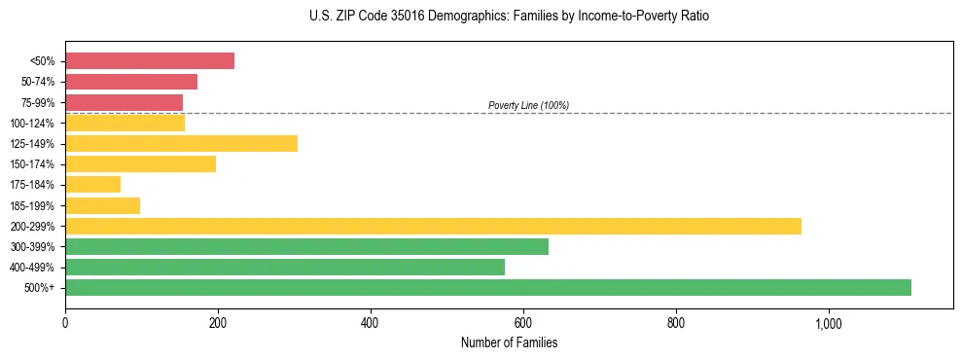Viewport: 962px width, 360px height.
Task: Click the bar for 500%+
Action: click(488, 287)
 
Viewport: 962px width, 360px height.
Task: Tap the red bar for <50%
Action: click(150, 60)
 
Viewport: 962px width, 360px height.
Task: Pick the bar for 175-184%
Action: click(92, 184)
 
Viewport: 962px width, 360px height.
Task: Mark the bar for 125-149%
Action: click(181, 143)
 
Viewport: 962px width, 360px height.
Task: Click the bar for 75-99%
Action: click(124, 102)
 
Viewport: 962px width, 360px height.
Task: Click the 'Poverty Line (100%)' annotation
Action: click(528, 105)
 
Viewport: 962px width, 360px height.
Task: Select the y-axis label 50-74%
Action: click(38, 82)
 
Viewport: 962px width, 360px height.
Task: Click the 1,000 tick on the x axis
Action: click(829, 323)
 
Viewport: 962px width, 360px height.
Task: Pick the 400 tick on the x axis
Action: click(371, 323)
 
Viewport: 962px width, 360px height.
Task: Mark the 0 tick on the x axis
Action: click(65, 323)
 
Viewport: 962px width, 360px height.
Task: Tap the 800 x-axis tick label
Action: click(676, 323)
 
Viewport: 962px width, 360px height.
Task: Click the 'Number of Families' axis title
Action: click(509, 342)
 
